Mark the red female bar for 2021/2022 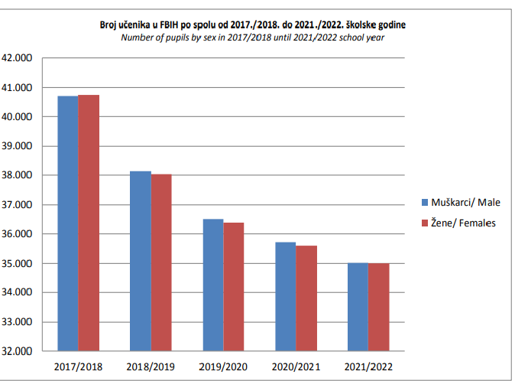coord(378,307)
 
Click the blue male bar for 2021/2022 coord(357,307)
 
